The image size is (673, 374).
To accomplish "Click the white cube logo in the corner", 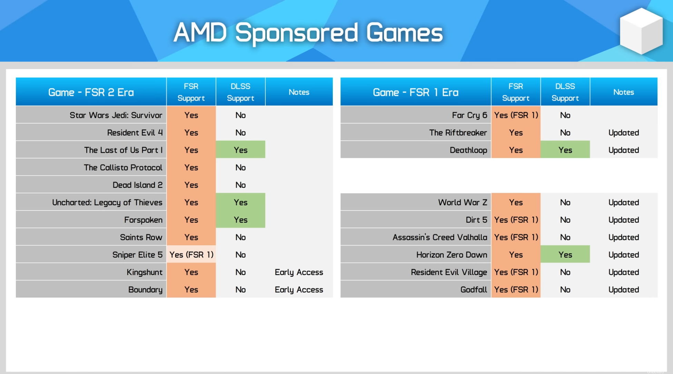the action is pos(641,31).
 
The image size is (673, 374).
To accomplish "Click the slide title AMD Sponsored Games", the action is pos(308,33).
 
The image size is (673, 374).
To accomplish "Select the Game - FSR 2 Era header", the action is pos(91,92).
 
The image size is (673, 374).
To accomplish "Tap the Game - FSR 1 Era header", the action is pos(416,92).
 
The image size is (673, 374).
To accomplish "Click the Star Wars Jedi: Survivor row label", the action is pos(116,115).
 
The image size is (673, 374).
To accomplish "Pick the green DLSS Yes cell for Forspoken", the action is pos(240,220).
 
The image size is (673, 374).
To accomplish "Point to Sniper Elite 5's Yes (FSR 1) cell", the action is pos(191,255).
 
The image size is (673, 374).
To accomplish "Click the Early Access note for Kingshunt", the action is pos(299,272).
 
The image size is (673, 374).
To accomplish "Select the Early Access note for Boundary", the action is pos(299,289).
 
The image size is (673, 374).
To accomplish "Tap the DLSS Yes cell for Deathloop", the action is pos(565,150).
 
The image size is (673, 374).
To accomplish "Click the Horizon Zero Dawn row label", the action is pos(452,255).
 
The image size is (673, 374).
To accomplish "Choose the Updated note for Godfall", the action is pos(624,289).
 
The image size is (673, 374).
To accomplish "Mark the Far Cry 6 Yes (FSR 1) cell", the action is pos(516,115).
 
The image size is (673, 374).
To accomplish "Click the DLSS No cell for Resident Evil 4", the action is pos(240,133).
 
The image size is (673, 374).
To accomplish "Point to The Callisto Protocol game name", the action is pos(123,167).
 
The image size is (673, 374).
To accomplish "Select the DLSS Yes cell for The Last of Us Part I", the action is pos(240,150).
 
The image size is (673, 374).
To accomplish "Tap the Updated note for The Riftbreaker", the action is pos(624,133).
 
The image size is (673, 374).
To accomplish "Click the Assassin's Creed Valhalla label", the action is pos(440,237).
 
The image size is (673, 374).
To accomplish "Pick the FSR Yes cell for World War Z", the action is pos(516,202).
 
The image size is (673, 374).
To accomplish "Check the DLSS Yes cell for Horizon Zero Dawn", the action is pos(565,255).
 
